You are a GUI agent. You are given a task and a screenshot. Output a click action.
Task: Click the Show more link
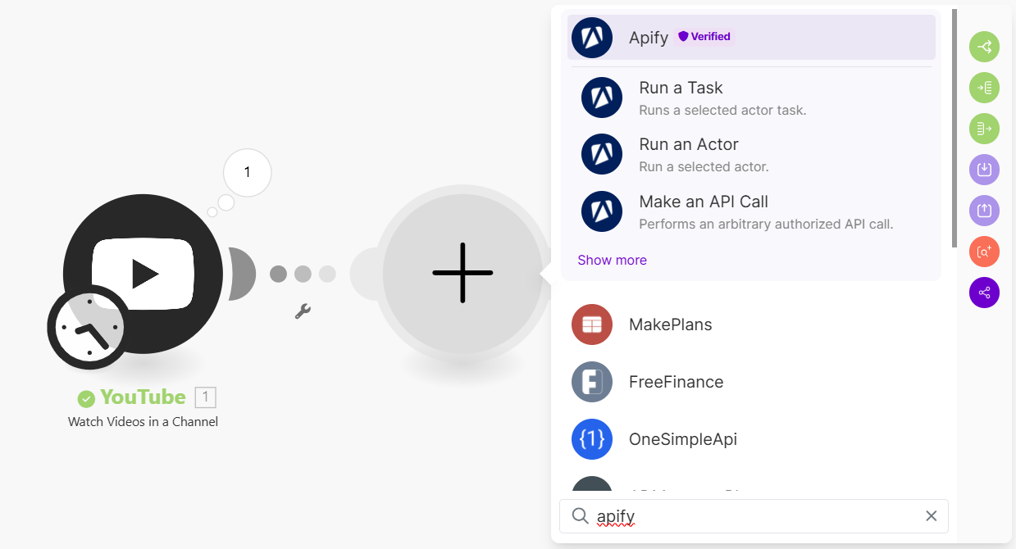612,260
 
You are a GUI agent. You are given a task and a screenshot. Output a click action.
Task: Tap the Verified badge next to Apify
704,37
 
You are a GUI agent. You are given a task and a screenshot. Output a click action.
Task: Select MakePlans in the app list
670,324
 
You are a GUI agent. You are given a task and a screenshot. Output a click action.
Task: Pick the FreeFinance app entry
676,382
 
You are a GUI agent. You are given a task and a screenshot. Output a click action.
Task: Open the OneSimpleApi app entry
682,439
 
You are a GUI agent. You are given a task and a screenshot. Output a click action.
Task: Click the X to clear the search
931,515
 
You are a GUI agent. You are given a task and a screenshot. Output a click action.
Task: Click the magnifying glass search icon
580,515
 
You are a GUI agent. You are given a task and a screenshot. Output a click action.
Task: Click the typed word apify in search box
616,516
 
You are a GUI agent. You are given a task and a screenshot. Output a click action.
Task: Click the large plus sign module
462,272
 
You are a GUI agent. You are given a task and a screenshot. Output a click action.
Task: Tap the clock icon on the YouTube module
85,327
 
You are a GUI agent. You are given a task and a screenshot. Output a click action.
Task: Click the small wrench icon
303,311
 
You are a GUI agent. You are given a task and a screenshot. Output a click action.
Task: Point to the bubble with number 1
247,172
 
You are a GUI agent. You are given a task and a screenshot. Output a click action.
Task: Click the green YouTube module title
143,397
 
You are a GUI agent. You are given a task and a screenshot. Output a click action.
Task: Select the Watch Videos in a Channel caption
143,422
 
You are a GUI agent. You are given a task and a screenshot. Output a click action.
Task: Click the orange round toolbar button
984,251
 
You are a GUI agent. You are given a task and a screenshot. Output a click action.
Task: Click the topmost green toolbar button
984,47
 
